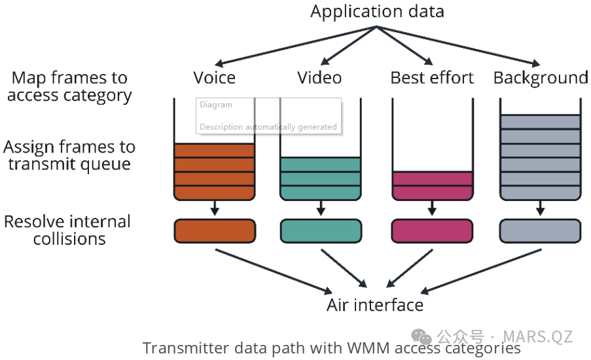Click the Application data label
point(377,11)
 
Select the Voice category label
point(214,78)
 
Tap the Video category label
point(319,78)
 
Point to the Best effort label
point(432,78)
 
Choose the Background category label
point(540,78)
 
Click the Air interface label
point(375,305)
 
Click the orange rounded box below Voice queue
point(215,231)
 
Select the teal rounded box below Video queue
point(321,231)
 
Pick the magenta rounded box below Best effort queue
point(432,231)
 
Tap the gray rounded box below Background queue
point(540,231)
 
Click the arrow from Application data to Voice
point(295,46)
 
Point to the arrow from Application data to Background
point(458,46)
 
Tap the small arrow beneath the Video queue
point(321,209)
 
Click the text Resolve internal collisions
point(67,230)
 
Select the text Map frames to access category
point(69,86)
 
